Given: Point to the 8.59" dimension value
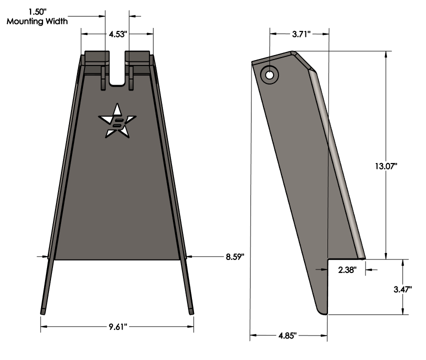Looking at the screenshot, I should tap(233, 257).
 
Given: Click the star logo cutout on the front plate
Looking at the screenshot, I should tap(117, 120).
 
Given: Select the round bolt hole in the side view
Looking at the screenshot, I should tap(269, 75).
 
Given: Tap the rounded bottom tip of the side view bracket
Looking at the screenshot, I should tap(323, 311).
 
